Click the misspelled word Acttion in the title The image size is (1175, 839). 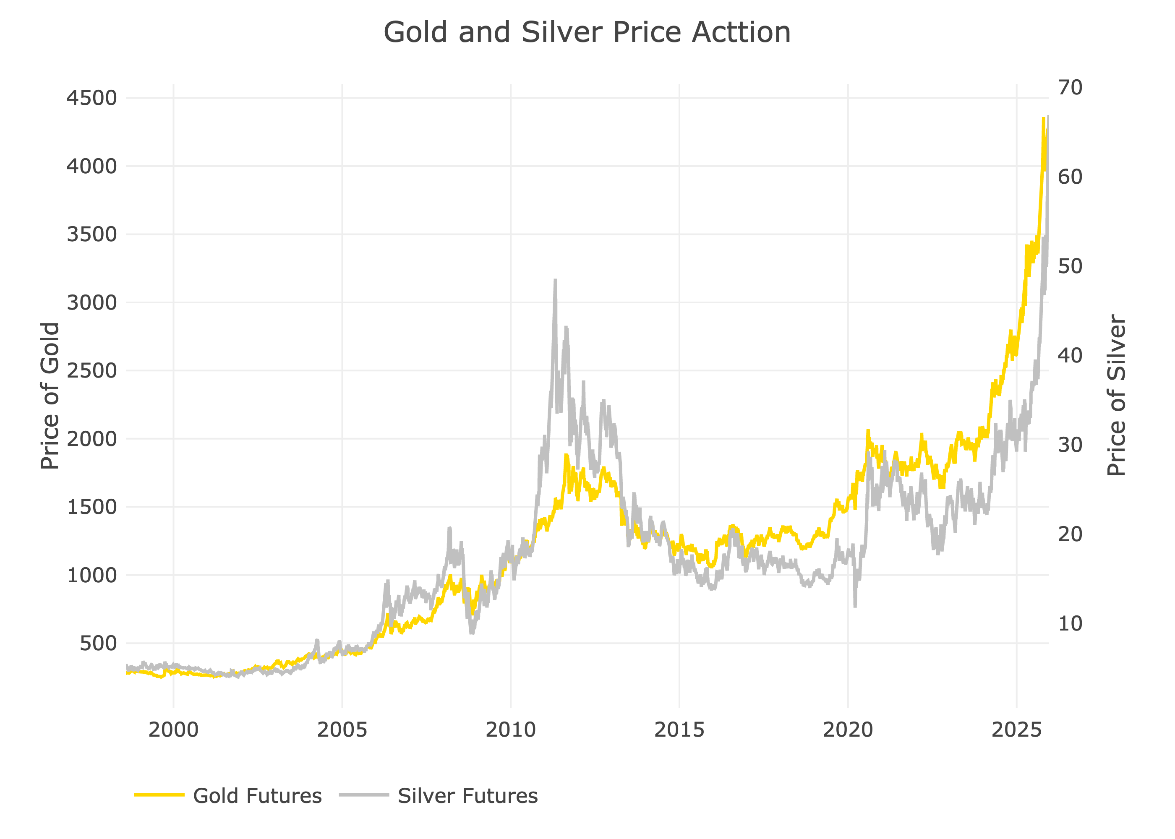741,33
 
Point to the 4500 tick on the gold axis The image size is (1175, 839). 92,98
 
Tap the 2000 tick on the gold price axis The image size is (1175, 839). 92,439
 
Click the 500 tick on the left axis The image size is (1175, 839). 98,643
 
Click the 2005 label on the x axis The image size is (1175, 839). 342,730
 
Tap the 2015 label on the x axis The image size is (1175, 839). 679,730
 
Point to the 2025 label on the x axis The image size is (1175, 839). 1016,730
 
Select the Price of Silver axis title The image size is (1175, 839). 1116,395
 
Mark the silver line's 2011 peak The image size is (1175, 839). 556,280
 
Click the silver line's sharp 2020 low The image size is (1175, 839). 855,606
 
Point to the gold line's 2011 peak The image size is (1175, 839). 567,455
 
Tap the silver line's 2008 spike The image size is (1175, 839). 449,528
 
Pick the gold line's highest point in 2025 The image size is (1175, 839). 1043,118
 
